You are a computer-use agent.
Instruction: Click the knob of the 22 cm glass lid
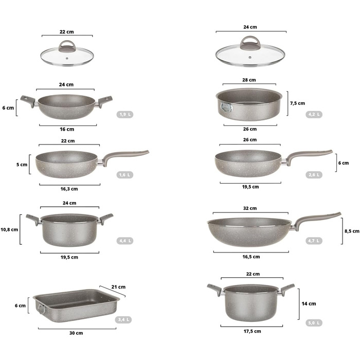click(67, 46)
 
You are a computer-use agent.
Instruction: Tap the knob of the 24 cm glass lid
click(250, 43)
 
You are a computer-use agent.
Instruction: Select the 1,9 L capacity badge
click(124, 114)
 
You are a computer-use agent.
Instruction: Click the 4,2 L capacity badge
click(314, 114)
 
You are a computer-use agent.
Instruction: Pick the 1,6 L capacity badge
click(124, 175)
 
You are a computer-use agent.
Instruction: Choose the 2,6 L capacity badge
click(314, 175)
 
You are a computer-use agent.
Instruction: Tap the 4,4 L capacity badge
click(124, 241)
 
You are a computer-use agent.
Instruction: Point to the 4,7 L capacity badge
click(314, 241)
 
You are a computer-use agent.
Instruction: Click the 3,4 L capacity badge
click(123, 319)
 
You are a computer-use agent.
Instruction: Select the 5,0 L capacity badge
click(314, 323)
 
